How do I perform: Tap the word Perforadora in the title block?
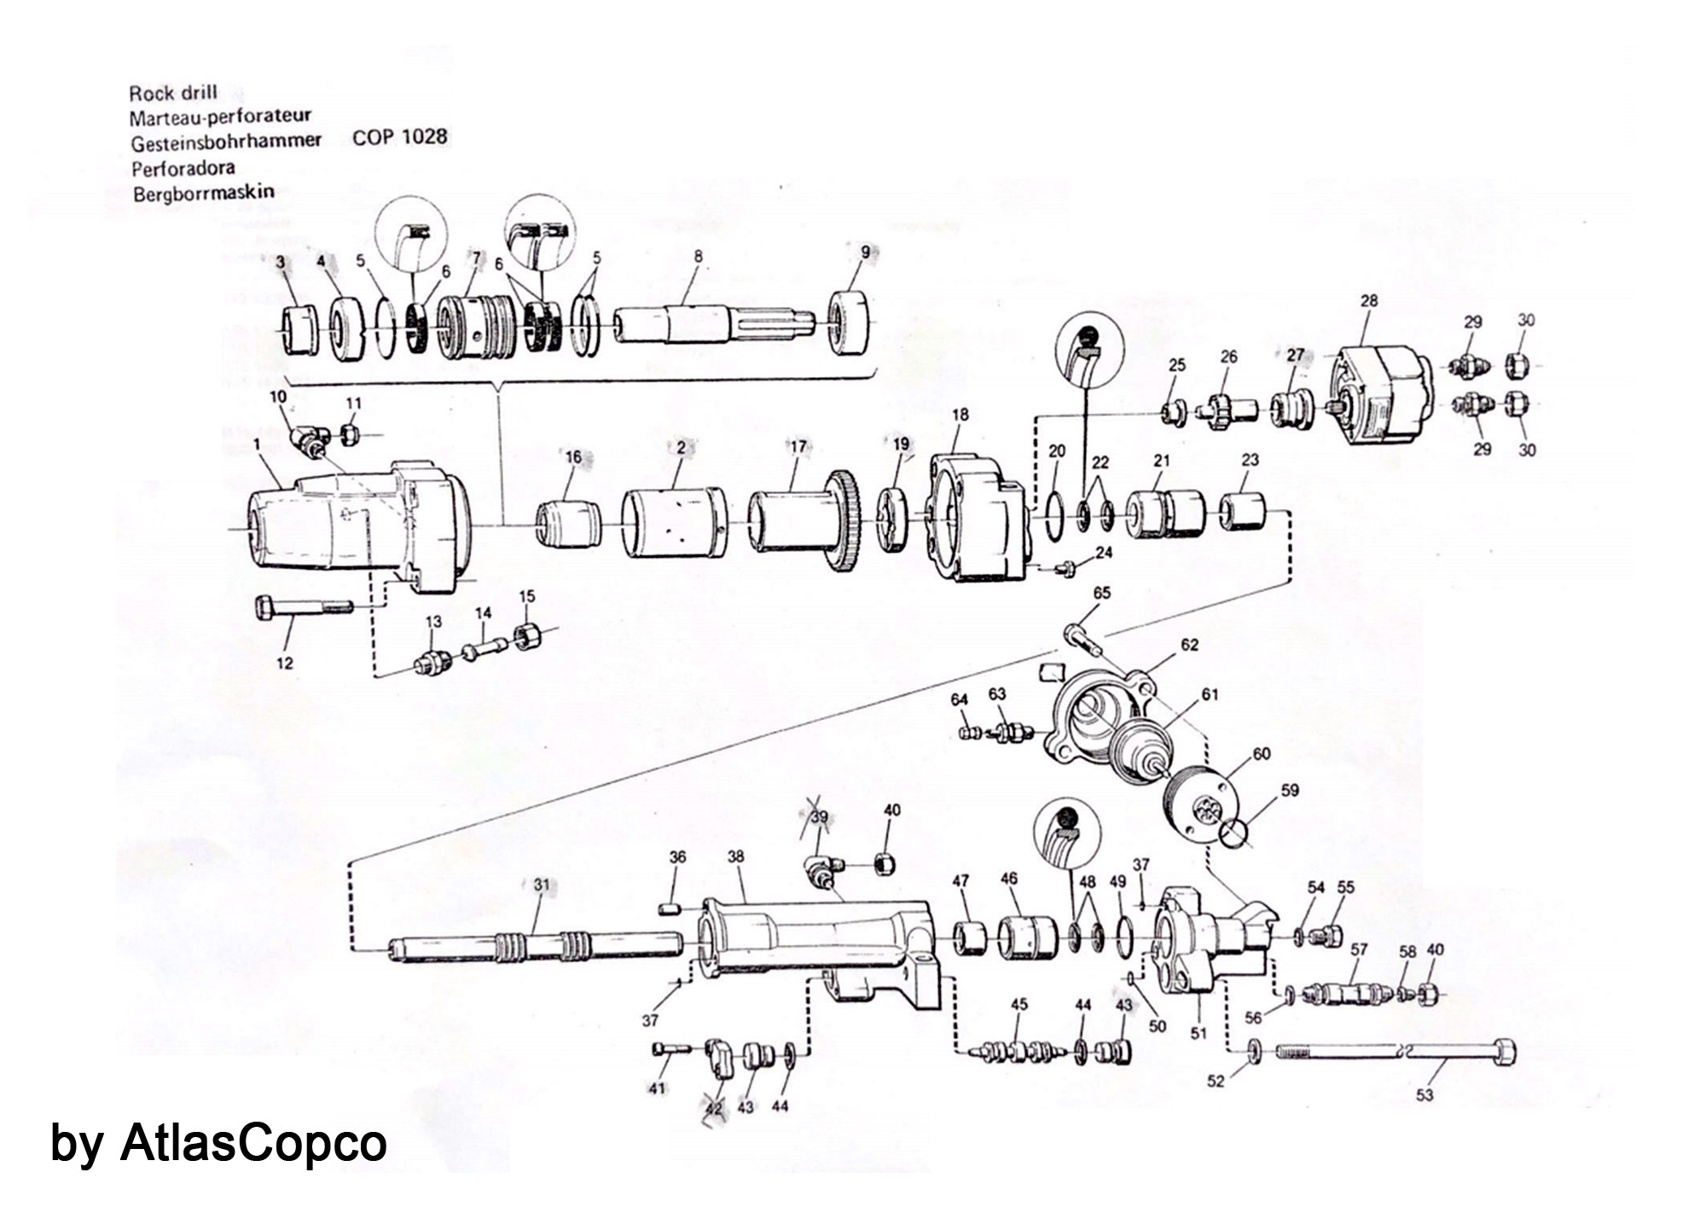point(183,168)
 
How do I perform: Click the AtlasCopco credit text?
point(218,1142)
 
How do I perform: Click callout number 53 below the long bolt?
point(1425,1094)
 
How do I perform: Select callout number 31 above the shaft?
point(542,885)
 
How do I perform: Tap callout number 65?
point(1102,593)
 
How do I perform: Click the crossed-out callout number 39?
point(819,817)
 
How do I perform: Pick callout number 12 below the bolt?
point(285,662)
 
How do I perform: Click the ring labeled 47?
point(970,940)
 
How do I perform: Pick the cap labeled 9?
point(850,322)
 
